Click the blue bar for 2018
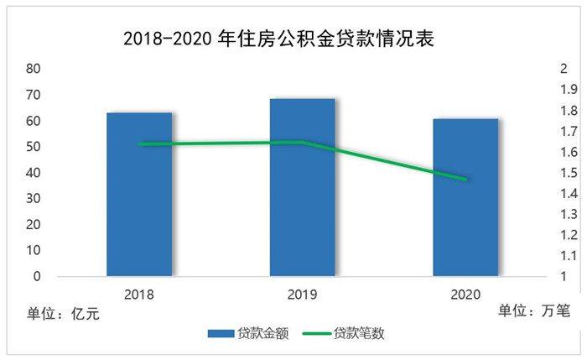[139, 195]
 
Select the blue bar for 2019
[302, 188]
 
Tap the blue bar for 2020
[465, 198]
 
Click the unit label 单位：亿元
[63, 314]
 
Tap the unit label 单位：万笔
[533, 311]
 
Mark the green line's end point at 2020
[465, 179]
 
